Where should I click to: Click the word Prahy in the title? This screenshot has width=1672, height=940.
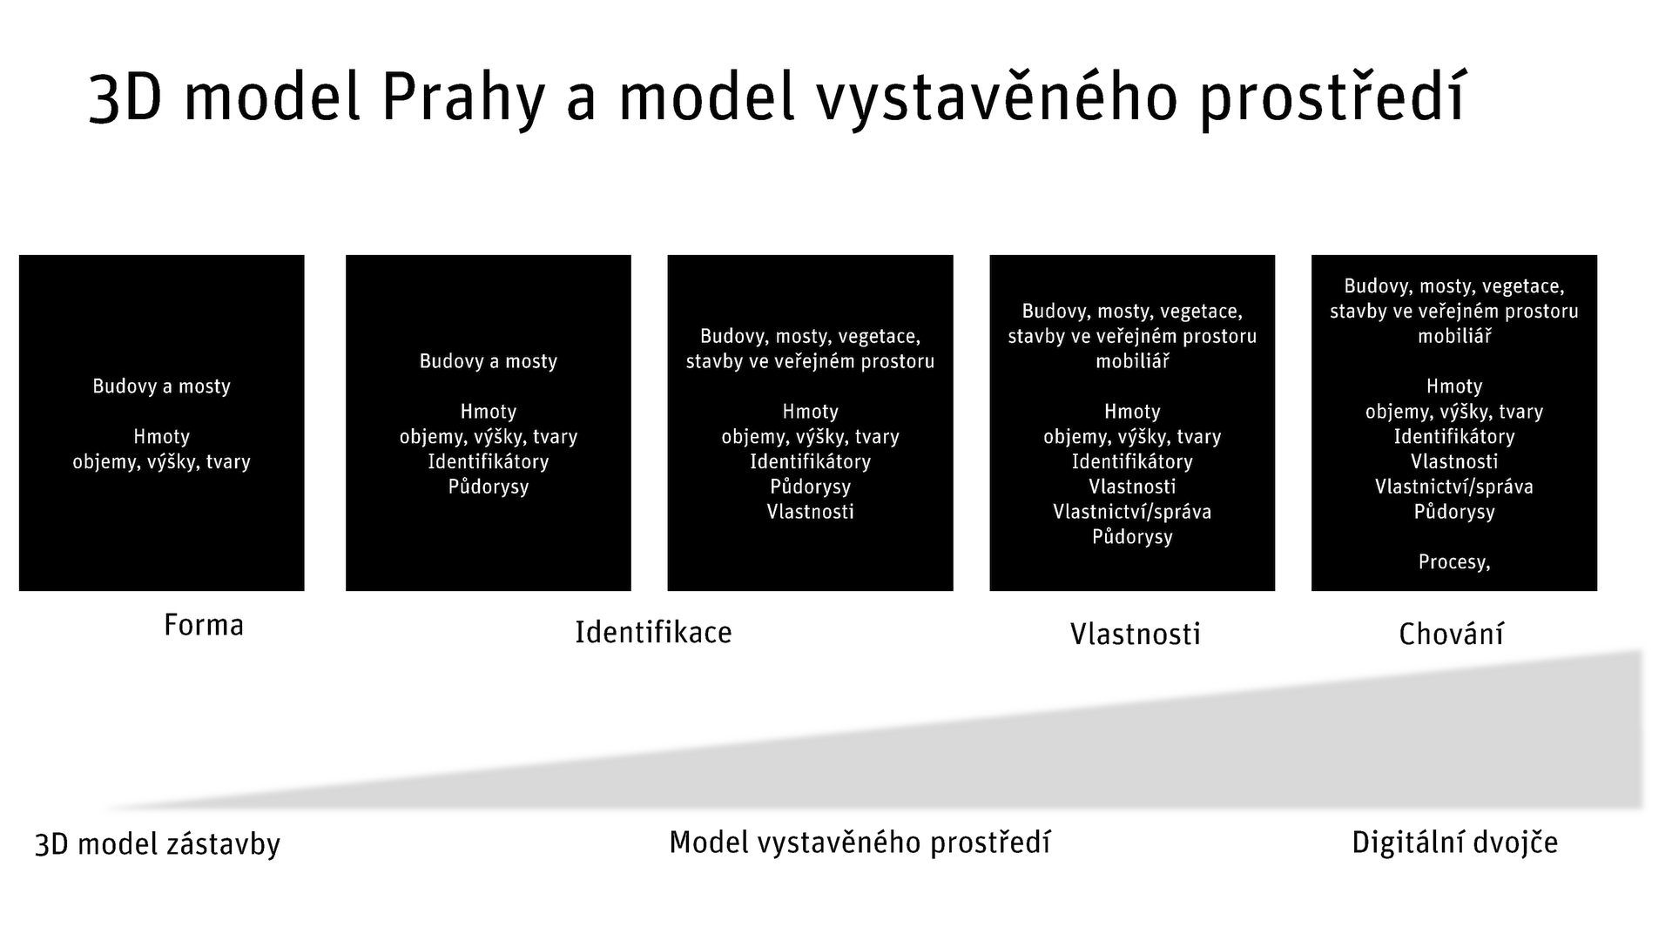coord(462,97)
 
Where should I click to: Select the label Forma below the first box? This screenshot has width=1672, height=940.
coord(204,625)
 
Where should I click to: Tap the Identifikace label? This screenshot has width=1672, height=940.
coord(653,632)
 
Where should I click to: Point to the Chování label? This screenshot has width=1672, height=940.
coord(1451,634)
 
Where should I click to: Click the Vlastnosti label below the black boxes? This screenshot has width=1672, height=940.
coord(1135,634)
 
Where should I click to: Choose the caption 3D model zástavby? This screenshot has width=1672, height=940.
coord(158,844)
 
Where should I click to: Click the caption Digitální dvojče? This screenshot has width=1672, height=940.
coord(1454,842)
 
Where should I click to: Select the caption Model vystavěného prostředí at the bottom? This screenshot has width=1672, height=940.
coord(860,842)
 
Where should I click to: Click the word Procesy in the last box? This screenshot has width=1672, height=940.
coord(1453,562)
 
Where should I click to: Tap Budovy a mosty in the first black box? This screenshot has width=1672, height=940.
coord(161,386)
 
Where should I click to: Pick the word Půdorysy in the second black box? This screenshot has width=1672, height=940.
coord(489,487)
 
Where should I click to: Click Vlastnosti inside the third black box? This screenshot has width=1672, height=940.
coord(810,512)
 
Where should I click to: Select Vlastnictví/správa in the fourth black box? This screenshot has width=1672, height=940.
coord(1132,512)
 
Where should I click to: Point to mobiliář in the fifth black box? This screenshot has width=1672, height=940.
coord(1454,336)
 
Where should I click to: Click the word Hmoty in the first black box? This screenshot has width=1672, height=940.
coord(161,437)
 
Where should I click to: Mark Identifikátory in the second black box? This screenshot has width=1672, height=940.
coord(489,461)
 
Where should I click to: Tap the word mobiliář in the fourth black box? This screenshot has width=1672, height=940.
coord(1132,361)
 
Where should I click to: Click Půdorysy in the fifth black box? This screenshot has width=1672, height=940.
coord(1454,512)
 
